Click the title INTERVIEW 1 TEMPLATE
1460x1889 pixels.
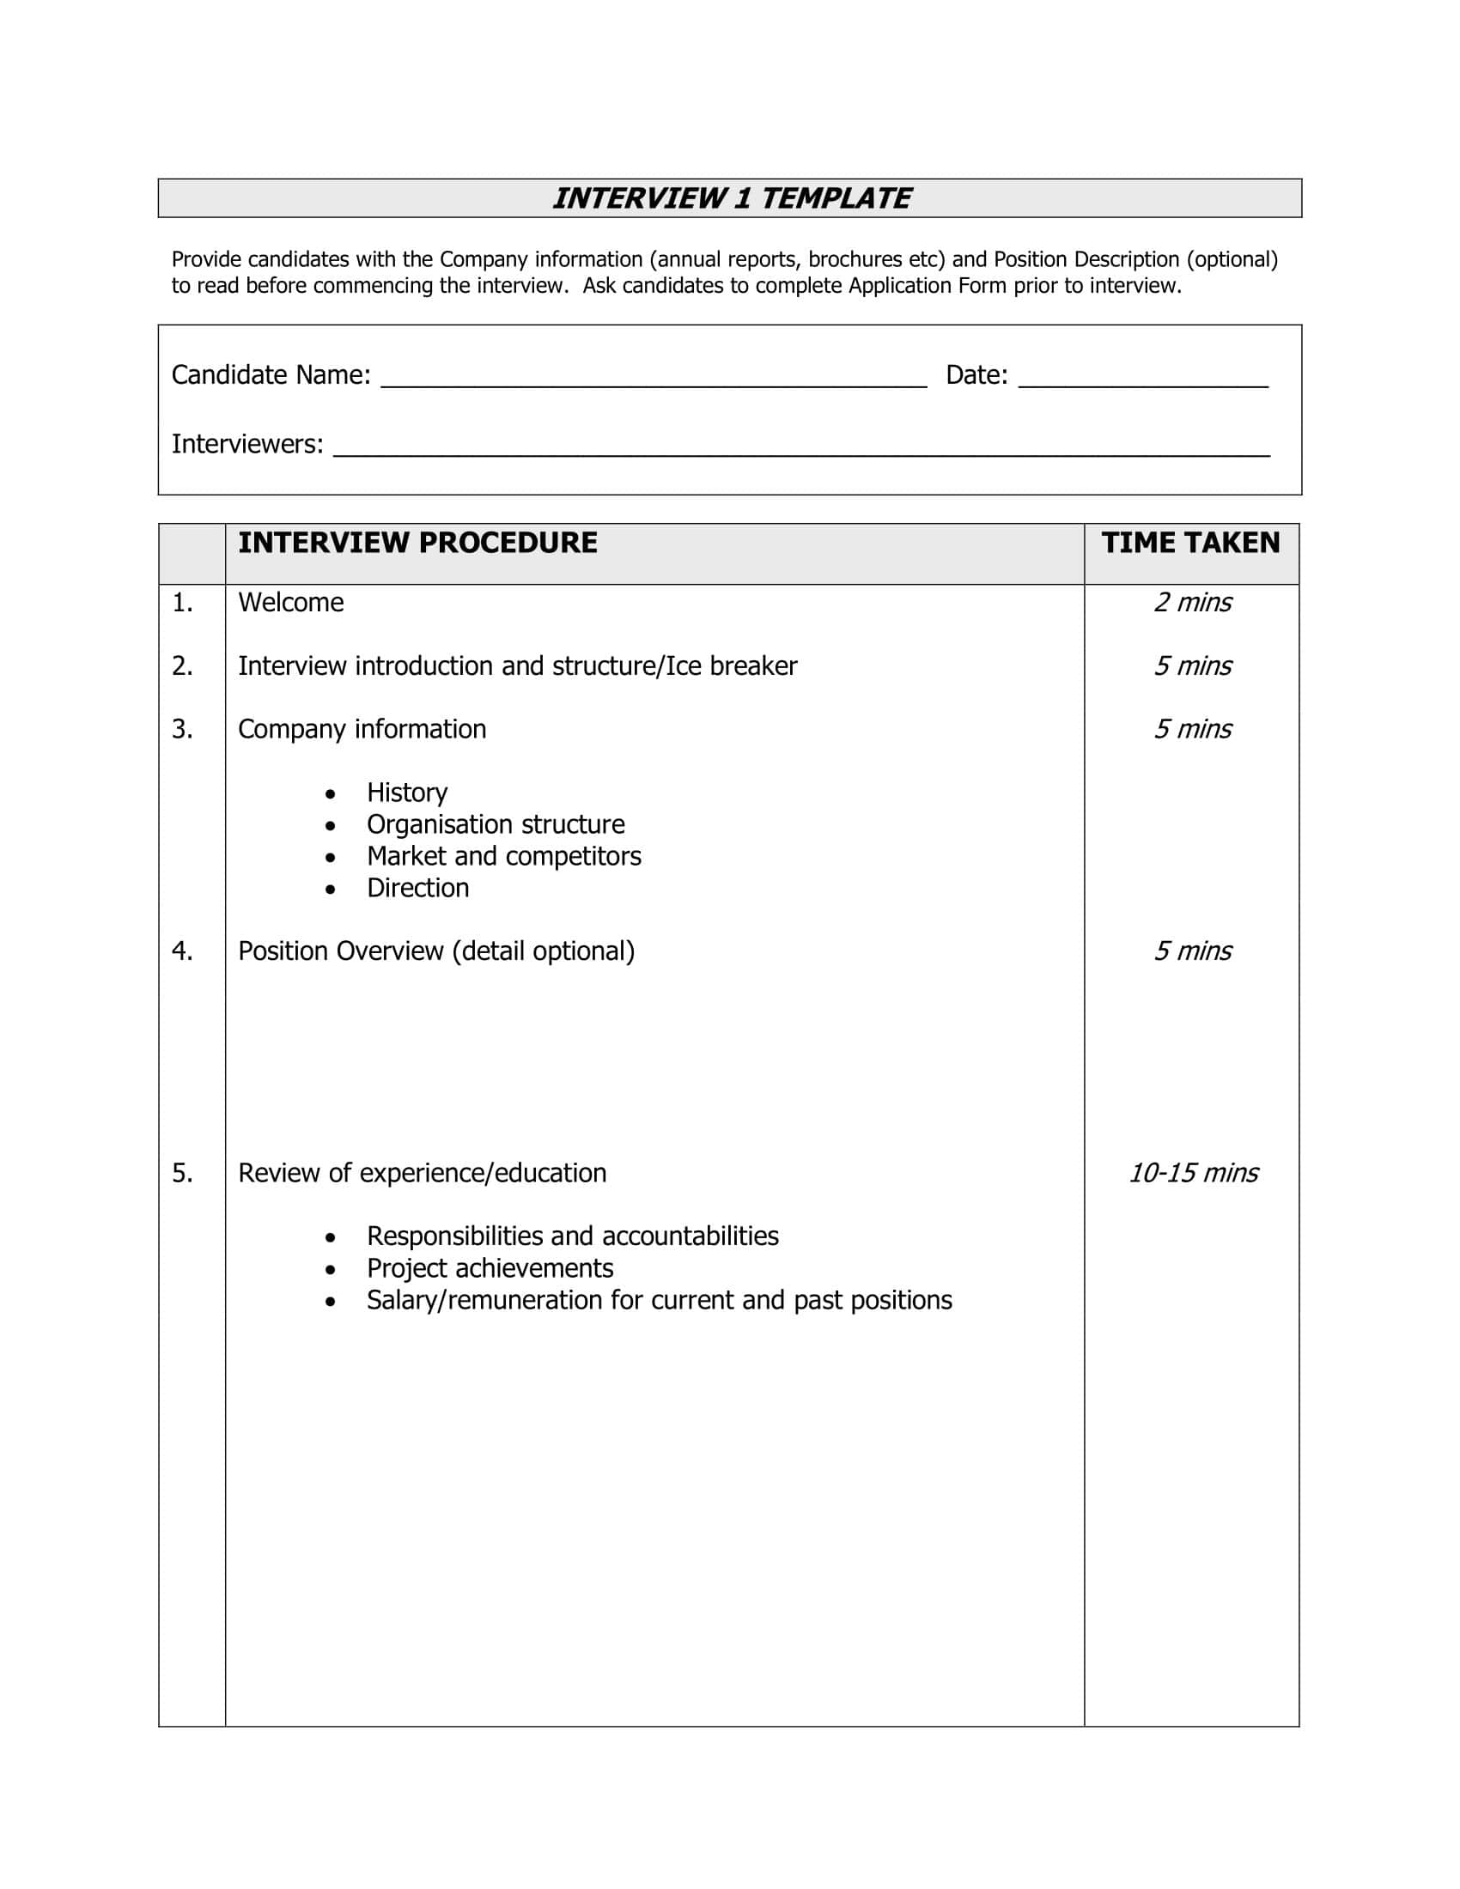[x=731, y=198]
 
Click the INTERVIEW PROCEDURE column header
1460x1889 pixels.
[x=417, y=543]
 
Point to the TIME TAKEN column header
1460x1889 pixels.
[x=1190, y=543]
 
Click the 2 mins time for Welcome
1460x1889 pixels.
[x=1193, y=602]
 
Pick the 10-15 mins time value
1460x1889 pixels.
[x=1193, y=1173]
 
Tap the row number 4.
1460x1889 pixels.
[x=181, y=951]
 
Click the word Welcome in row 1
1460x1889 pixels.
[x=290, y=602]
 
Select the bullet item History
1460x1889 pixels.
[x=406, y=793]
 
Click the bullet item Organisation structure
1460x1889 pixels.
[x=495, y=824]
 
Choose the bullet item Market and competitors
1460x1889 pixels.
[x=503, y=856]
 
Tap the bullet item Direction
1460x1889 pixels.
[x=417, y=889]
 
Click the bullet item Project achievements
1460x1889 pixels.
[x=490, y=1268]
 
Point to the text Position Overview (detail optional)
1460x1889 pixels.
[x=436, y=951]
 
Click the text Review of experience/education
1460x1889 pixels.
[x=422, y=1173]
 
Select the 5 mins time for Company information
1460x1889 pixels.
[x=1193, y=729]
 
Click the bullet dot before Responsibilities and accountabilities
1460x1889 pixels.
[x=331, y=1237]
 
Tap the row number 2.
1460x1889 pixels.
[x=181, y=666]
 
